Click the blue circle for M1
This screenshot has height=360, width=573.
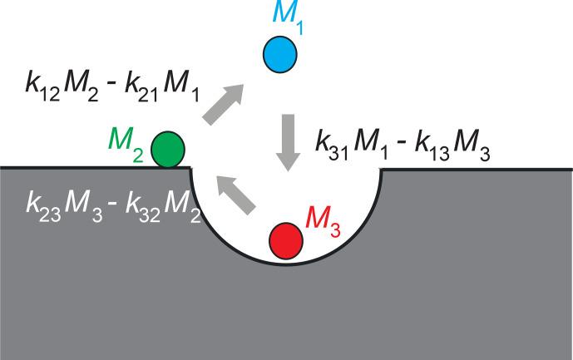(x=280, y=54)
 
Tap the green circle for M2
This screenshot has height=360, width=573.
(x=168, y=149)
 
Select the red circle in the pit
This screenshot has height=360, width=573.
(x=285, y=240)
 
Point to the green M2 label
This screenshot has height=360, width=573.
(x=127, y=139)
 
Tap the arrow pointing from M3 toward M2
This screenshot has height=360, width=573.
(x=236, y=196)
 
